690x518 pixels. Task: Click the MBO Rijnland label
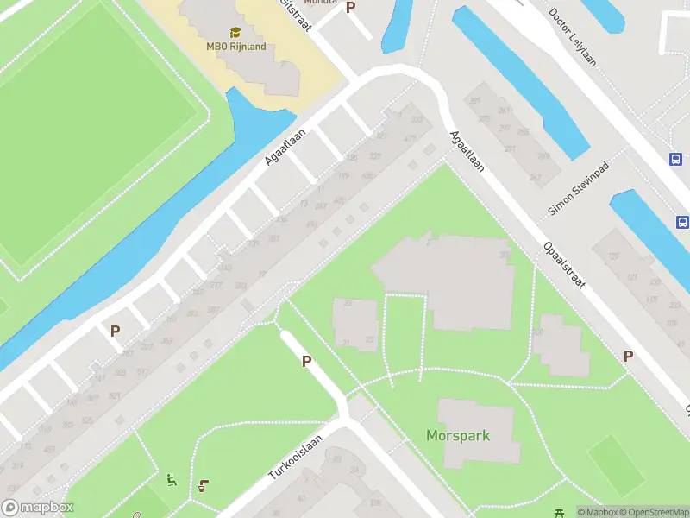[x=235, y=47]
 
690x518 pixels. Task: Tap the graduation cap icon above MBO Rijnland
[x=235, y=32]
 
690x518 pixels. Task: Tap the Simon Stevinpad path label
[x=578, y=189]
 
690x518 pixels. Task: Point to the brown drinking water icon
[x=203, y=485]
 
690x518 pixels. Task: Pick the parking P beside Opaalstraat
[x=629, y=356]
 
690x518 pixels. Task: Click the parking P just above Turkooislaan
[x=306, y=361]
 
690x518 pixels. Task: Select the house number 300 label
[x=417, y=119]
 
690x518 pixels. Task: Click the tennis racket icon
[x=137, y=515]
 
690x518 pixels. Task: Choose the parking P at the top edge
[x=350, y=7]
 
